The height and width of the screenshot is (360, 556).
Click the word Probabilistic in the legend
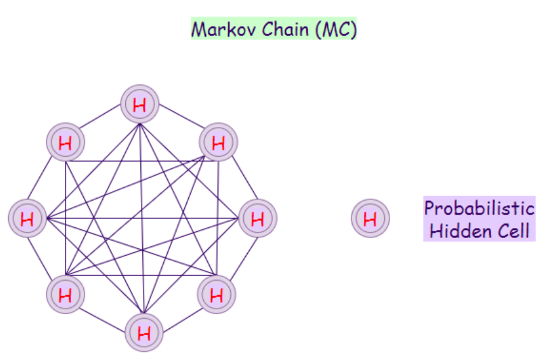479,208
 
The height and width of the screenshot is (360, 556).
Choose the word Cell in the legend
512,230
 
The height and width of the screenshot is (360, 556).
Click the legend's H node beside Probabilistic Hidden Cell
370,219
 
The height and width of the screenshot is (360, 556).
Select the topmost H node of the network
140,105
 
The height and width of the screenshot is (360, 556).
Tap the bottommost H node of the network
144,333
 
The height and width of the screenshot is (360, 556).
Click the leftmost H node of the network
27,219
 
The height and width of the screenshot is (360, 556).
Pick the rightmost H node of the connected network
257,219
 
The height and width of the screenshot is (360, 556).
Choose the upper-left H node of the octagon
65,143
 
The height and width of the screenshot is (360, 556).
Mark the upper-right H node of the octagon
218,143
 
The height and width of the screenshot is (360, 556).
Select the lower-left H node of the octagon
65,295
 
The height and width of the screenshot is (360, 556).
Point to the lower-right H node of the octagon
217,295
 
